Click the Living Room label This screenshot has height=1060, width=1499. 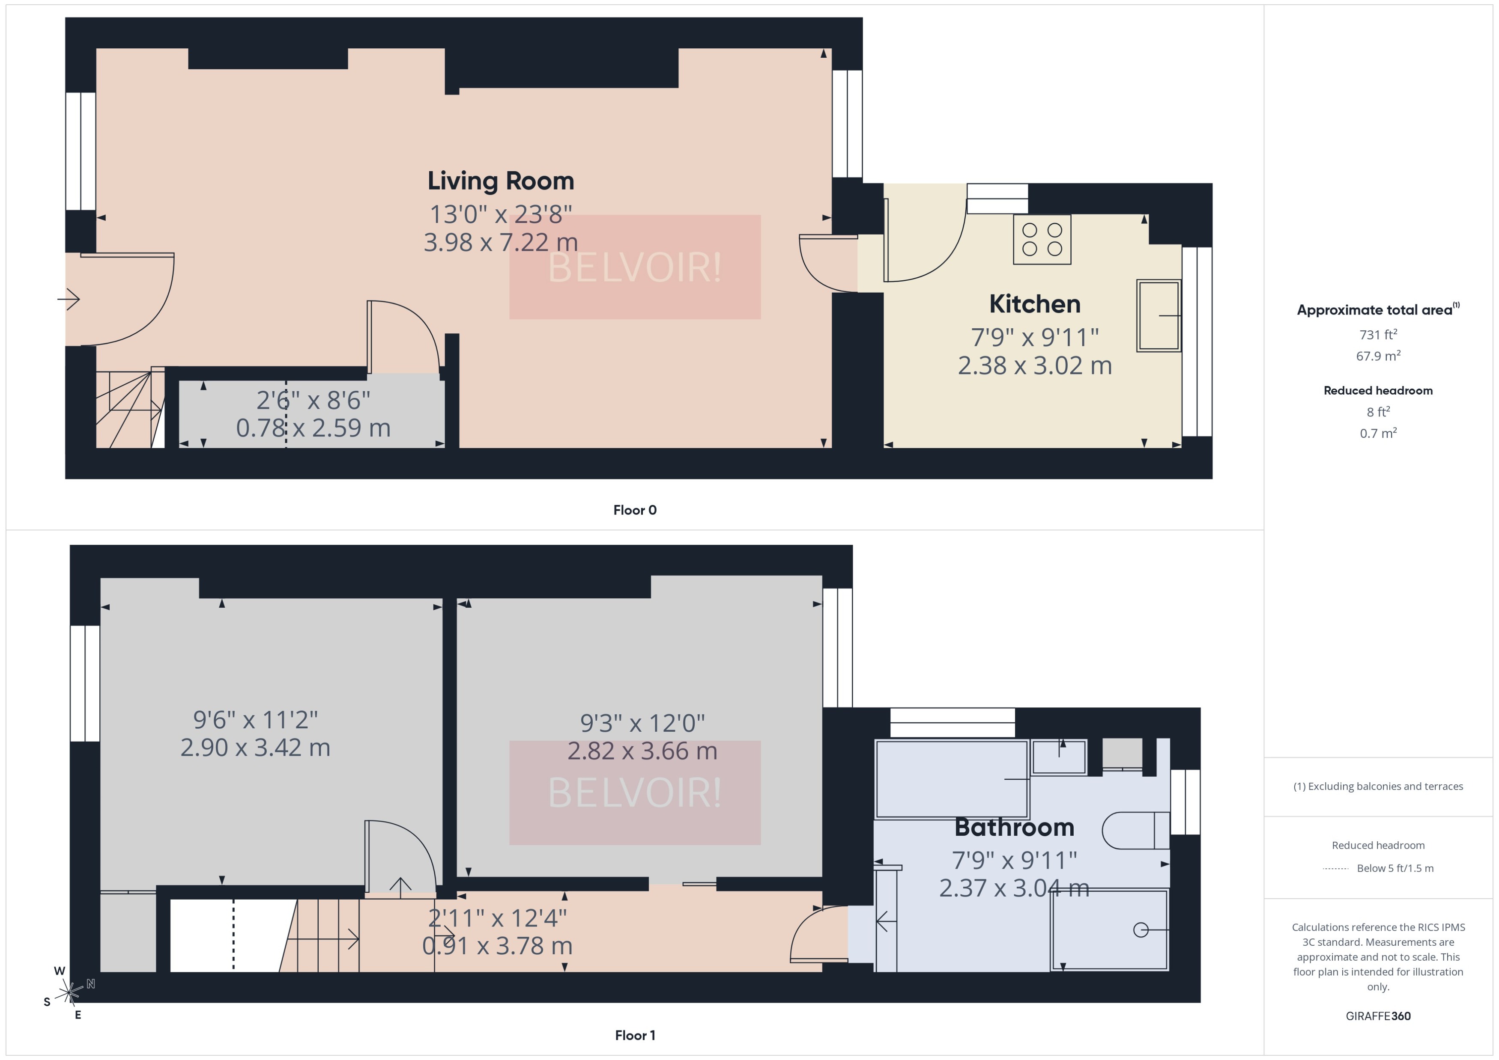500,181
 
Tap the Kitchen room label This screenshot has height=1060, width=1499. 1034,304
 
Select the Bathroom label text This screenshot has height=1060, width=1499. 1014,827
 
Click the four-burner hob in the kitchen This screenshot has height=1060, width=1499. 1041,240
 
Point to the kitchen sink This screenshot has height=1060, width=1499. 1158,316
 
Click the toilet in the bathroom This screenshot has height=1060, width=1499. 1135,830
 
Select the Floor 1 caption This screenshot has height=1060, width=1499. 634,1035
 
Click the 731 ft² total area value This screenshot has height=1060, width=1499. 1377,335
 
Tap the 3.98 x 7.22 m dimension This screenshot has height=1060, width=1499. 500,243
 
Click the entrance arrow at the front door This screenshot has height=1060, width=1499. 69,300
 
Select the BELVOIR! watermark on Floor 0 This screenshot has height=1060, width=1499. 634,267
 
